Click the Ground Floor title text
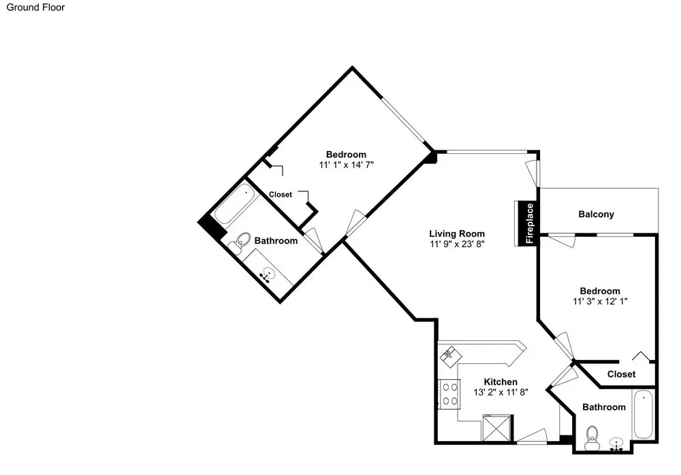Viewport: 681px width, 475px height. pos(35,7)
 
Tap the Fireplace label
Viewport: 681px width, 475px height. pos(529,223)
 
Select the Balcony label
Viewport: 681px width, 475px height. pos(596,214)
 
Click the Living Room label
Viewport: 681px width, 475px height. pos(457,233)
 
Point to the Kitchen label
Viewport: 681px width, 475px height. pos(501,382)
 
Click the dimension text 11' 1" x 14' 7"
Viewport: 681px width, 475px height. pos(346,165)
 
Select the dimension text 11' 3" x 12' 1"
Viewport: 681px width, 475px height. pos(600,301)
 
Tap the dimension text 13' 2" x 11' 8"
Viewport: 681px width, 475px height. pos(501,393)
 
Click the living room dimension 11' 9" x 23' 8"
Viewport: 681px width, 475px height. pos(457,244)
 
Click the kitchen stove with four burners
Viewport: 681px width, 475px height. pos(449,394)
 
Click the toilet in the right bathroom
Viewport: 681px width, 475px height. pos(592,438)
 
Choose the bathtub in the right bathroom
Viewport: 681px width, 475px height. pos(644,414)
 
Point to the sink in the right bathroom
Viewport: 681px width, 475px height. pos(616,444)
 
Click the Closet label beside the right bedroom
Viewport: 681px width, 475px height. pos(621,374)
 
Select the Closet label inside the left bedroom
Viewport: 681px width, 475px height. pos(280,195)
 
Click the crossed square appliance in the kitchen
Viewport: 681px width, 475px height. pos(496,429)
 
